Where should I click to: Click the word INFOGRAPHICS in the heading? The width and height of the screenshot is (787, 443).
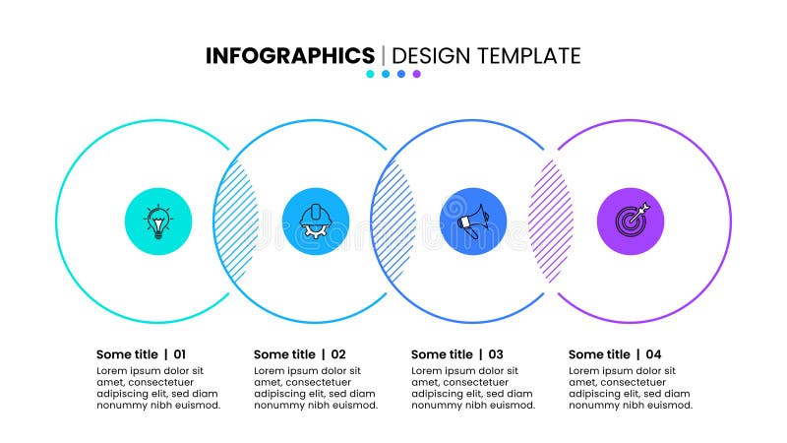(289, 56)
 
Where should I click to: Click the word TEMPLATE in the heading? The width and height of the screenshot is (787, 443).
(529, 56)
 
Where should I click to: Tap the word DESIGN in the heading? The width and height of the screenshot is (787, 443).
(431, 56)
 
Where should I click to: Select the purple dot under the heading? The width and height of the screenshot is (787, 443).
(417, 74)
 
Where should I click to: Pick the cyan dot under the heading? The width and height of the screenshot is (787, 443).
(370, 74)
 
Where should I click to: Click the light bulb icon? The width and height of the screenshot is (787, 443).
(157, 221)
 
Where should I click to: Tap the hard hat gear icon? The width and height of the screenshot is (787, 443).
(315, 221)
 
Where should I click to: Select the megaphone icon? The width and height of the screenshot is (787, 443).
(473, 221)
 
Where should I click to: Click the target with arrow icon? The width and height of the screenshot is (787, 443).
(631, 221)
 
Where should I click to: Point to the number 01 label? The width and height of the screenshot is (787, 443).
(179, 354)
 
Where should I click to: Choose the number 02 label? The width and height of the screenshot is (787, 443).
(337, 354)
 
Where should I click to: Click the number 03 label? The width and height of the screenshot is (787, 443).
(495, 354)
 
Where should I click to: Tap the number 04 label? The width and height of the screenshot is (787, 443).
(653, 354)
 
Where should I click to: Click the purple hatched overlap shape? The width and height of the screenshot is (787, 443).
(551, 221)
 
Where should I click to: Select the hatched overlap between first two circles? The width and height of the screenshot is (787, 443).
(236, 221)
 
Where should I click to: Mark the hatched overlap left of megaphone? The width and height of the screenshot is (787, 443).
(393, 221)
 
